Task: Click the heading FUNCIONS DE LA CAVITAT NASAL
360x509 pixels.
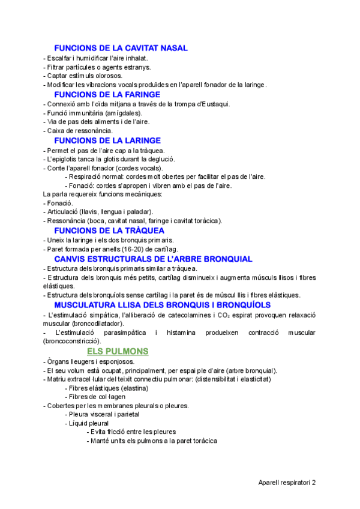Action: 121,48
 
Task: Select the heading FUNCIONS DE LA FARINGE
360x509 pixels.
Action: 107,94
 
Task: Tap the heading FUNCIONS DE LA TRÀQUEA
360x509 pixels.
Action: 109,230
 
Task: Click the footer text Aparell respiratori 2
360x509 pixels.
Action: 286,482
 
